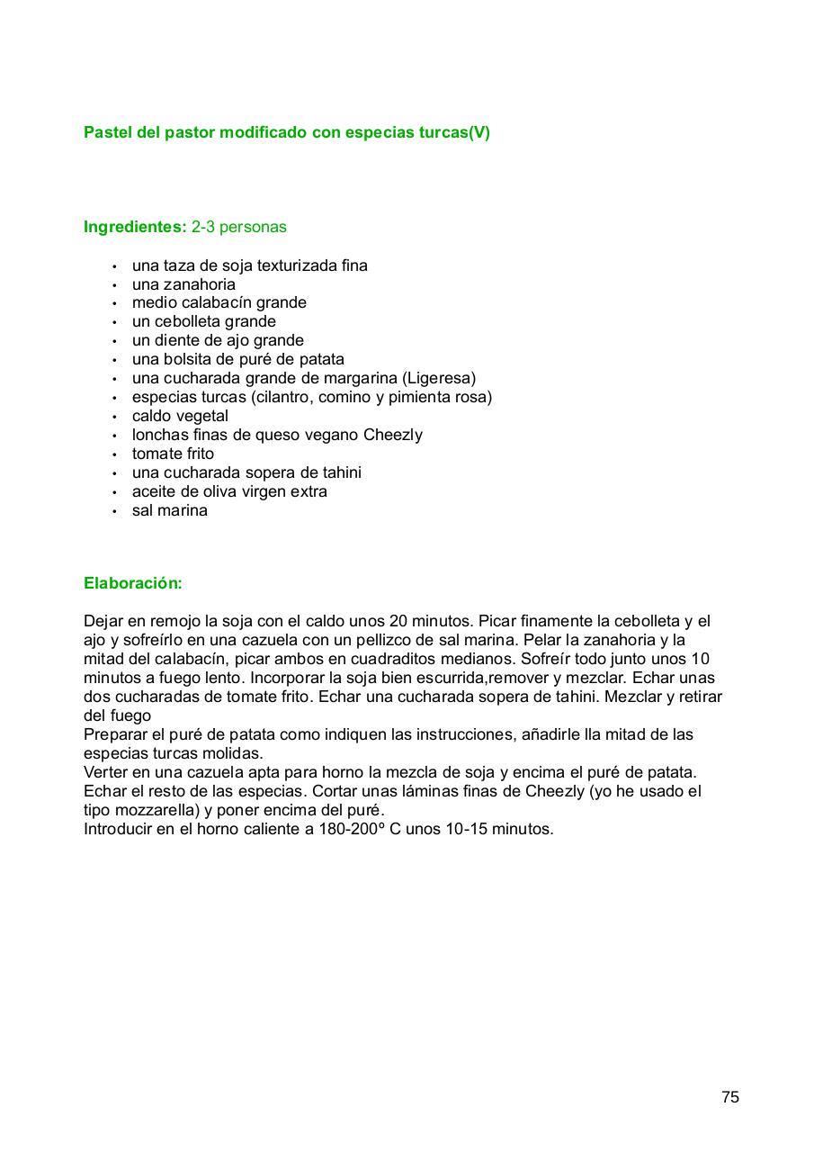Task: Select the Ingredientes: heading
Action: (135, 227)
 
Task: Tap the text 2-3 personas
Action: (239, 227)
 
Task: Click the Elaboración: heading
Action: (133, 583)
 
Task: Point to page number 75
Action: (730, 1097)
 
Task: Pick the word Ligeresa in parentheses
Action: (440, 378)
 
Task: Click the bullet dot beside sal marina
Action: (114, 511)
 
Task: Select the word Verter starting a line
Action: (105, 772)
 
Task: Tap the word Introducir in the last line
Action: (118, 829)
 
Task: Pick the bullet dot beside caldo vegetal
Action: (114, 417)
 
